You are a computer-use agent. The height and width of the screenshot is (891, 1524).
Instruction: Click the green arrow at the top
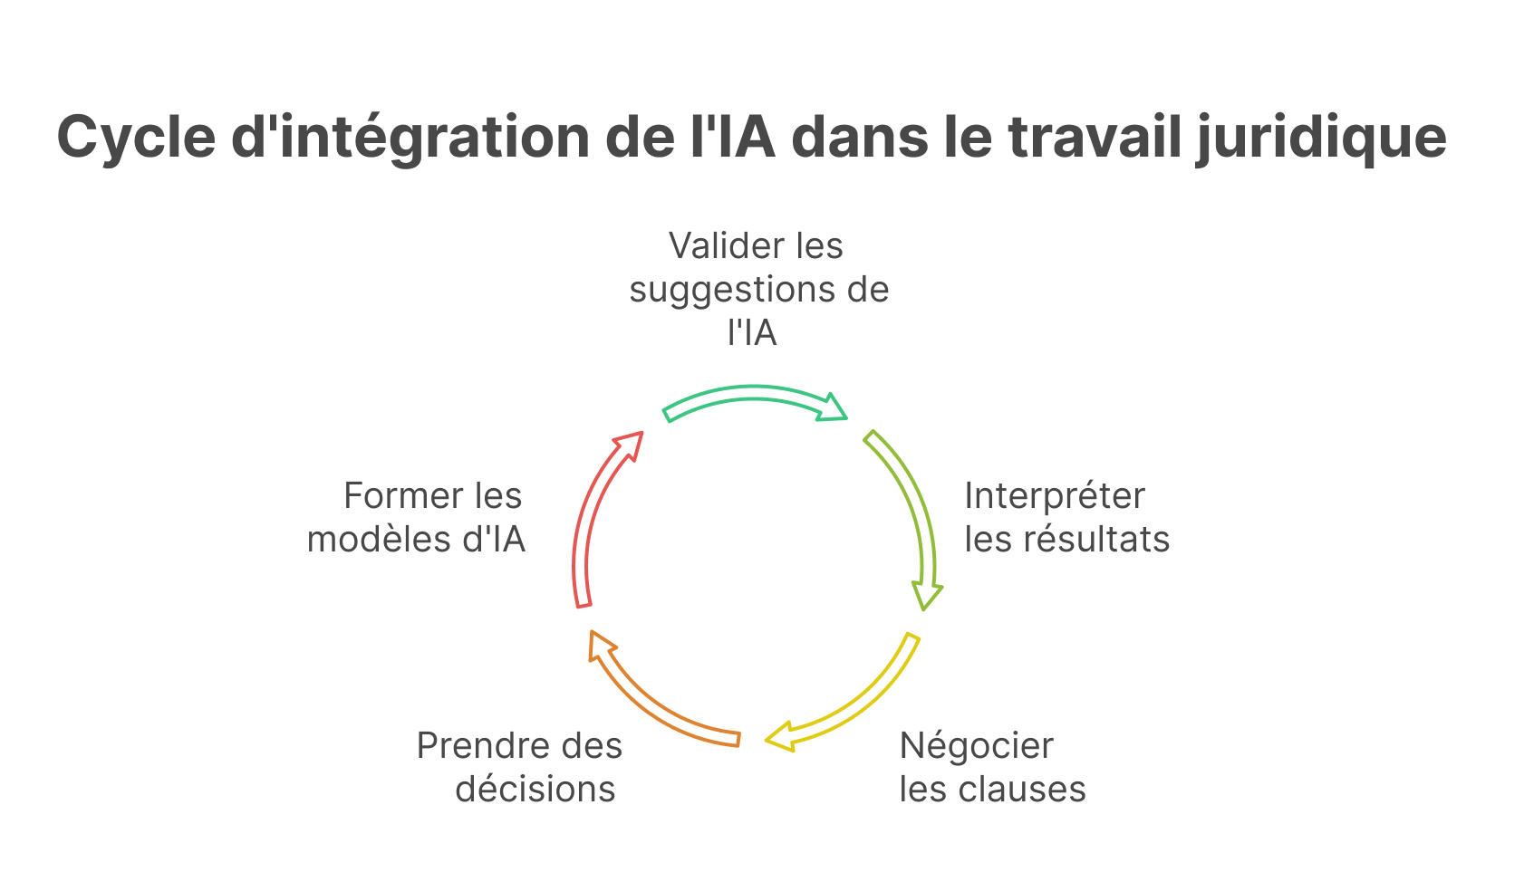(x=754, y=395)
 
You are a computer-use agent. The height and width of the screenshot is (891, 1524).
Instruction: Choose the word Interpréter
(x=1055, y=496)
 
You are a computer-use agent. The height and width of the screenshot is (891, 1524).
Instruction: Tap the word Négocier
(x=977, y=746)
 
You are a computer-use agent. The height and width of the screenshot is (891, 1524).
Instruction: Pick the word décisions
(x=535, y=790)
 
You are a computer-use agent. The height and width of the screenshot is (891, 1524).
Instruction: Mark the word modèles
(x=379, y=540)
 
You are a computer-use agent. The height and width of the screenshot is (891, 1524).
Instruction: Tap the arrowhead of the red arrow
(x=629, y=444)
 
